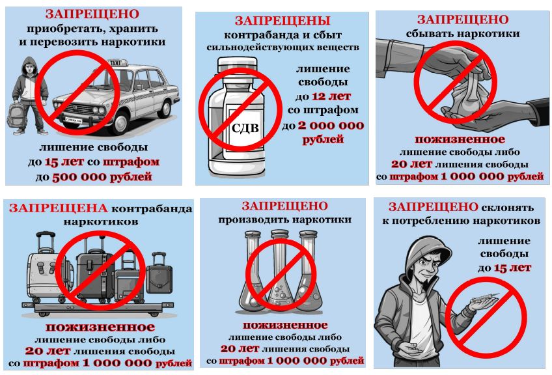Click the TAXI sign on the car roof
(x=113, y=61)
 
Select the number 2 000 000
(x=331, y=125)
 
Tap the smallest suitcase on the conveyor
(x=159, y=278)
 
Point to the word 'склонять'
(x=512, y=207)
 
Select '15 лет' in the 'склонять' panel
(x=513, y=267)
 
